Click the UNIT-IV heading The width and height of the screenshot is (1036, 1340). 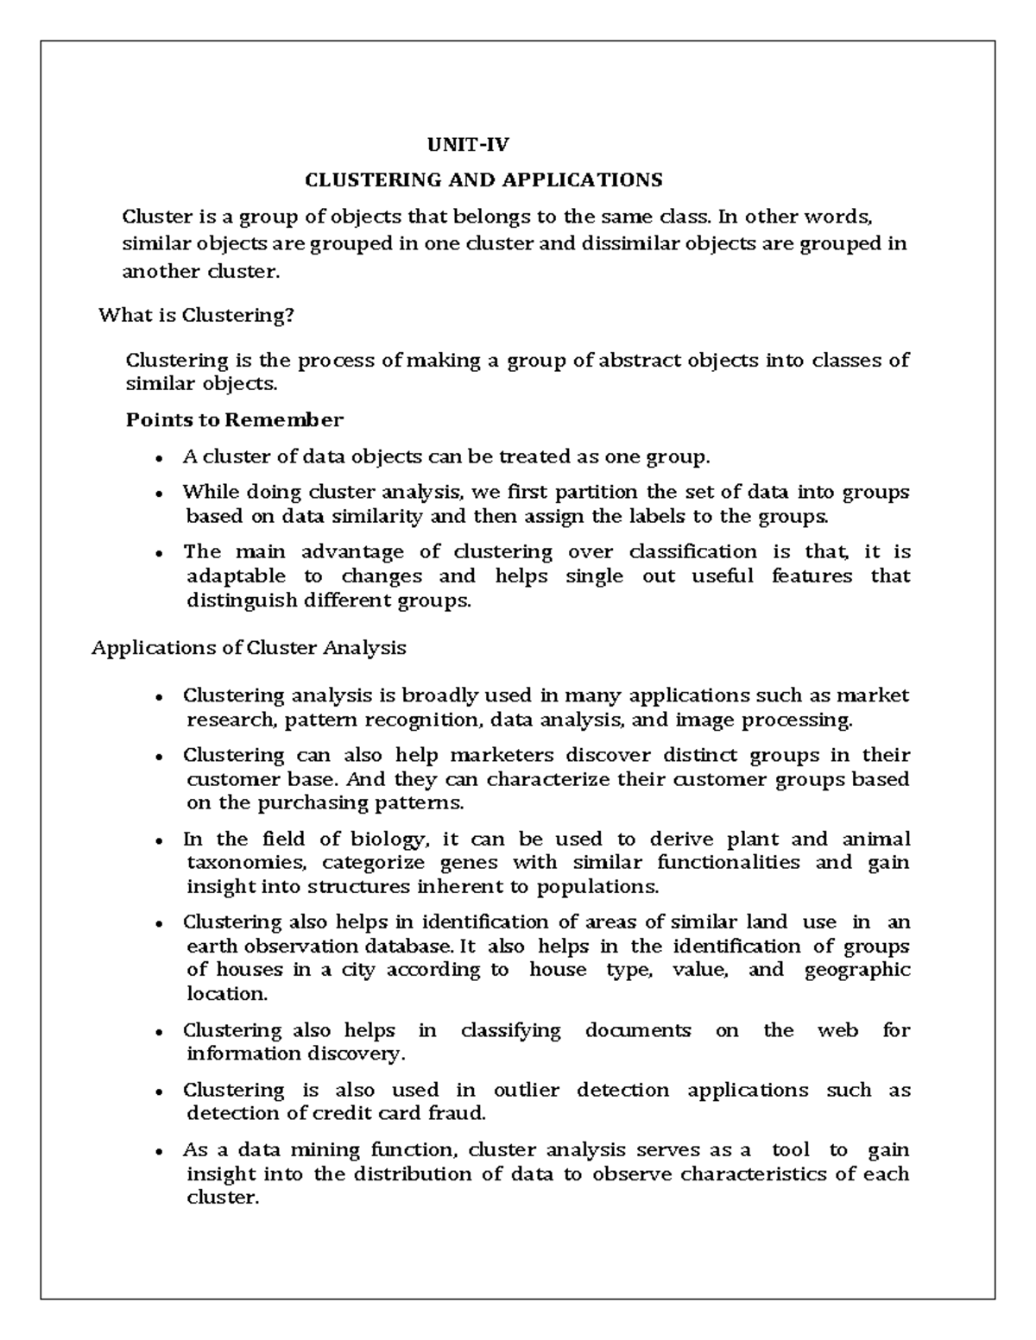click(469, 144)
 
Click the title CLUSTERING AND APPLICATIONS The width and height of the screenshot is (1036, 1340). click(483, 179)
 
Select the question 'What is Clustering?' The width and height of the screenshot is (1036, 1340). click(197, 315)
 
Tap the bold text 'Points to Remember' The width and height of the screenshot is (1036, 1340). click(235, 420)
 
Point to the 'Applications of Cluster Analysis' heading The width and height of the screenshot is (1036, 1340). click(249, 647)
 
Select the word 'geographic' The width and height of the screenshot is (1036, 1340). click(856, 969)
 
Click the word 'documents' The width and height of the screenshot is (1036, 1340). click(638, 1029)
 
